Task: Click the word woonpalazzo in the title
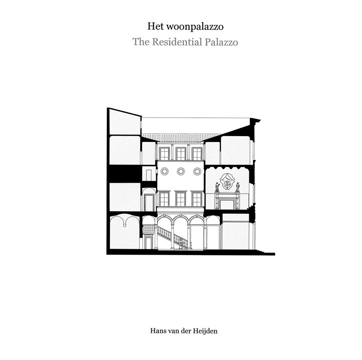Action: pos(195,27)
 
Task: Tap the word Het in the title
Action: pos(156,26)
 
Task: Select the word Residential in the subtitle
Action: pos(177,42)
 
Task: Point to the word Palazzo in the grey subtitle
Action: pos(221,42)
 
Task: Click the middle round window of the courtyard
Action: pos(181,171)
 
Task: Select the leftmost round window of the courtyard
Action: pos(165,171)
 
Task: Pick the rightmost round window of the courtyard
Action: pos(197,171)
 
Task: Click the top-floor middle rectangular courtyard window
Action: pos(181,153)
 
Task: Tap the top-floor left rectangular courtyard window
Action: pos(164,153)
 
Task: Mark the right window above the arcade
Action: pos(197,199)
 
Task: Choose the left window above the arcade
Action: pos(164,199)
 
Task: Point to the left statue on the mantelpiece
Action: pos(217,187)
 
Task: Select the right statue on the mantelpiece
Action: pos(238,187)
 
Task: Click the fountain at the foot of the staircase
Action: pos(181,245)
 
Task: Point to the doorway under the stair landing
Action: pos(148,243)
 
